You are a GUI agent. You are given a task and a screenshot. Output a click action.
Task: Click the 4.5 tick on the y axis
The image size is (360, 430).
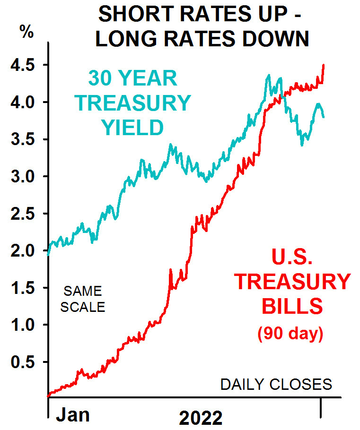click(24, 65)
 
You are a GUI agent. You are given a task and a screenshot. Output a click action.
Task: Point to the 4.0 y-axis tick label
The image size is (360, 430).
click(24, 102)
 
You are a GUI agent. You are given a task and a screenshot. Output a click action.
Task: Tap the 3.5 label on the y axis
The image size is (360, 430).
click(24, 139)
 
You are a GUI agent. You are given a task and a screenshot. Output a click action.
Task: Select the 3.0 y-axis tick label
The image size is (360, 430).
click(24, 177)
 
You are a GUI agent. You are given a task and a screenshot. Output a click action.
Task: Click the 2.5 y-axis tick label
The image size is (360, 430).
click(24, 214)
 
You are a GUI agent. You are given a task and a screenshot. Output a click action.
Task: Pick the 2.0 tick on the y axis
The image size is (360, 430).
click(24, 251)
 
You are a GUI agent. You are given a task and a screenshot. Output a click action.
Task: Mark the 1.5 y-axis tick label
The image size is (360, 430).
click(24, 288)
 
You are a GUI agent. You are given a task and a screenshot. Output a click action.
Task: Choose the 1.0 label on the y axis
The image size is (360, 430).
click(24, 325)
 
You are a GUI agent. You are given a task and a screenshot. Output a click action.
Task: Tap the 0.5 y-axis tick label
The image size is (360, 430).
click(24, 362)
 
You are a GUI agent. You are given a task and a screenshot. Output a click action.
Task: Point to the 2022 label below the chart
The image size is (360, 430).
click(201, 418)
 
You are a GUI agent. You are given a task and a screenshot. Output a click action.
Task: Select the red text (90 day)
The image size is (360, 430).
click(290, 334)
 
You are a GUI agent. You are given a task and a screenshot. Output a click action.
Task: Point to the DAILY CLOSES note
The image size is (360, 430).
click(276, 385)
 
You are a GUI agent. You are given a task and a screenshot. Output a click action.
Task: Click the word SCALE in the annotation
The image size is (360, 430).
click(83, 306)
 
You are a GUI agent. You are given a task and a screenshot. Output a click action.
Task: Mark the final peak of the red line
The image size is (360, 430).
click(324, 65)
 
